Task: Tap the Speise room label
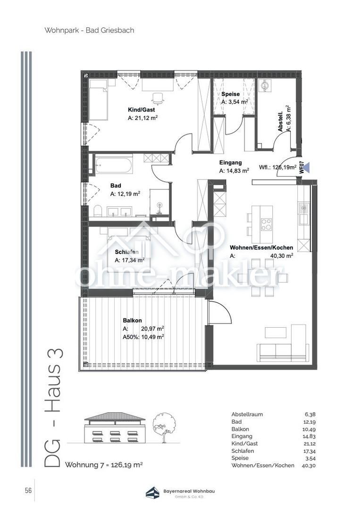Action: [230, 94]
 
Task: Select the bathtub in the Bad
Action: [113, 165]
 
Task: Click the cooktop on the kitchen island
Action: [267, 224]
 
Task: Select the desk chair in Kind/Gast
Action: [158, 98]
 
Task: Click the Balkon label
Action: [132, 321]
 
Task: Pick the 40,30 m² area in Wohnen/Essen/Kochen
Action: [282, 255]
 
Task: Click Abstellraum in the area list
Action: [247, 415]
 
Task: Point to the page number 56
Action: [28, 490]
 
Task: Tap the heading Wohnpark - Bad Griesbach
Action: [89, 30]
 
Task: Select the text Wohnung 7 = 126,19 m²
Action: [104, 465]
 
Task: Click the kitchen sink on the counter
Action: [304, 218]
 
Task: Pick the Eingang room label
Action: [230, 162]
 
